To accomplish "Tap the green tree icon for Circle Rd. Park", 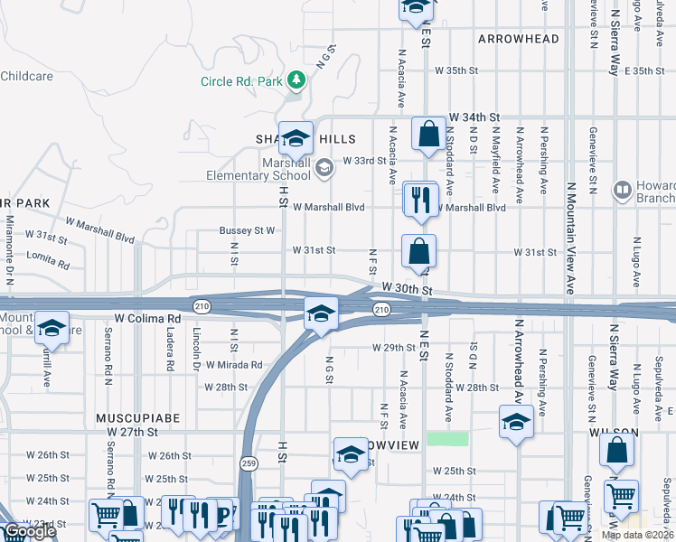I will coord(296,81).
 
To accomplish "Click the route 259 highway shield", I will coord(247,463).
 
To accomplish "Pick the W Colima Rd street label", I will coord(147,319).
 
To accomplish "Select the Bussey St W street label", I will coord(247,230).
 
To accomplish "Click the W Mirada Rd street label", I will coord(233,365).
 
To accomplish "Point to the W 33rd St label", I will coord(365,161).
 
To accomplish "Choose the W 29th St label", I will coord(392,348).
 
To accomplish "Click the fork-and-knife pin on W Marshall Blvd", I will coord(420,200).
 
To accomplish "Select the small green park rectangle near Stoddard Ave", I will coord(447,439).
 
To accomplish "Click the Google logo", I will coord(29,531).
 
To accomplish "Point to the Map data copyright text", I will coord(638,535).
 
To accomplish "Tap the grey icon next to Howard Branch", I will coord(622,190).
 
